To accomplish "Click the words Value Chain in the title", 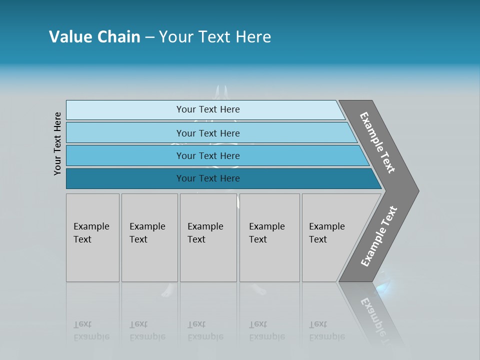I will tap(94, 37).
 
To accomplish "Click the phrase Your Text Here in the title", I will tap(215, 37).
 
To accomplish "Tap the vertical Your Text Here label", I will tap(58, 143).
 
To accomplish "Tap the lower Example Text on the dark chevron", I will tap(379, 236).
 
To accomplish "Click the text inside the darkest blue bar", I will tap(208, 178).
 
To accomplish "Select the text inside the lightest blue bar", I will tap(208, 109).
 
